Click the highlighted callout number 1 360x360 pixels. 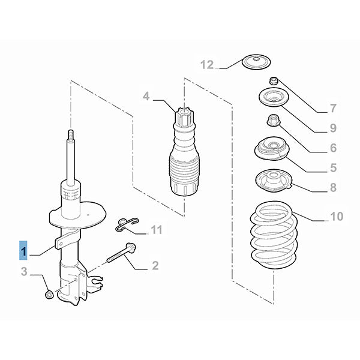click(x=23, y=250)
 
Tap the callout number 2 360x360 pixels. click(x=155, y=265)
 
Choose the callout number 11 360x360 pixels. click(x=157, y=230)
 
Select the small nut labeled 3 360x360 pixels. click(x=50, y=294)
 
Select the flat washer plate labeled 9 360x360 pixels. click(x=272, y=98)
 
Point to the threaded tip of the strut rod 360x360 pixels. click(x=71, y=136)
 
